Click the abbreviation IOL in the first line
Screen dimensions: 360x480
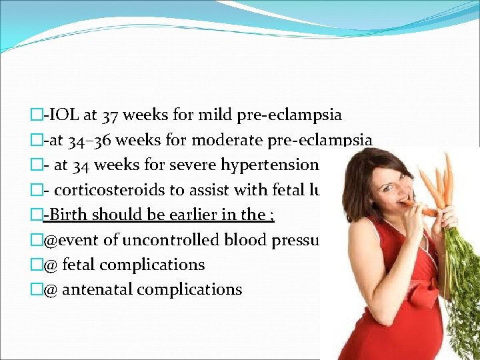[x=63, y=115]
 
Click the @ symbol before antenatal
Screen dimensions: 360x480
[x=50, y=290]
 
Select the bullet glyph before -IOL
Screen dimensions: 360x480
[x=37, y=115]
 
